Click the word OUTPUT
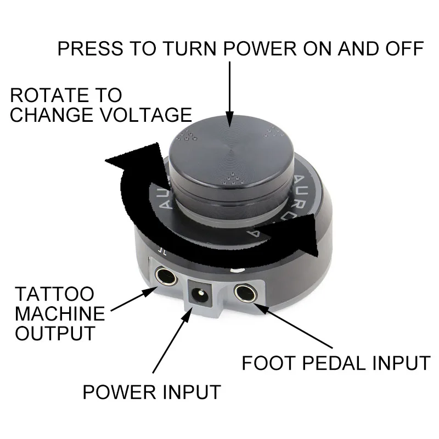[54, 333]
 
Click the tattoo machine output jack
[165, 277]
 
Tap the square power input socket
[200, 297]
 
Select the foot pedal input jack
[244, 293]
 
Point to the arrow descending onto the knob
[229, 93]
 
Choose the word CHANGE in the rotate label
[46, 115]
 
